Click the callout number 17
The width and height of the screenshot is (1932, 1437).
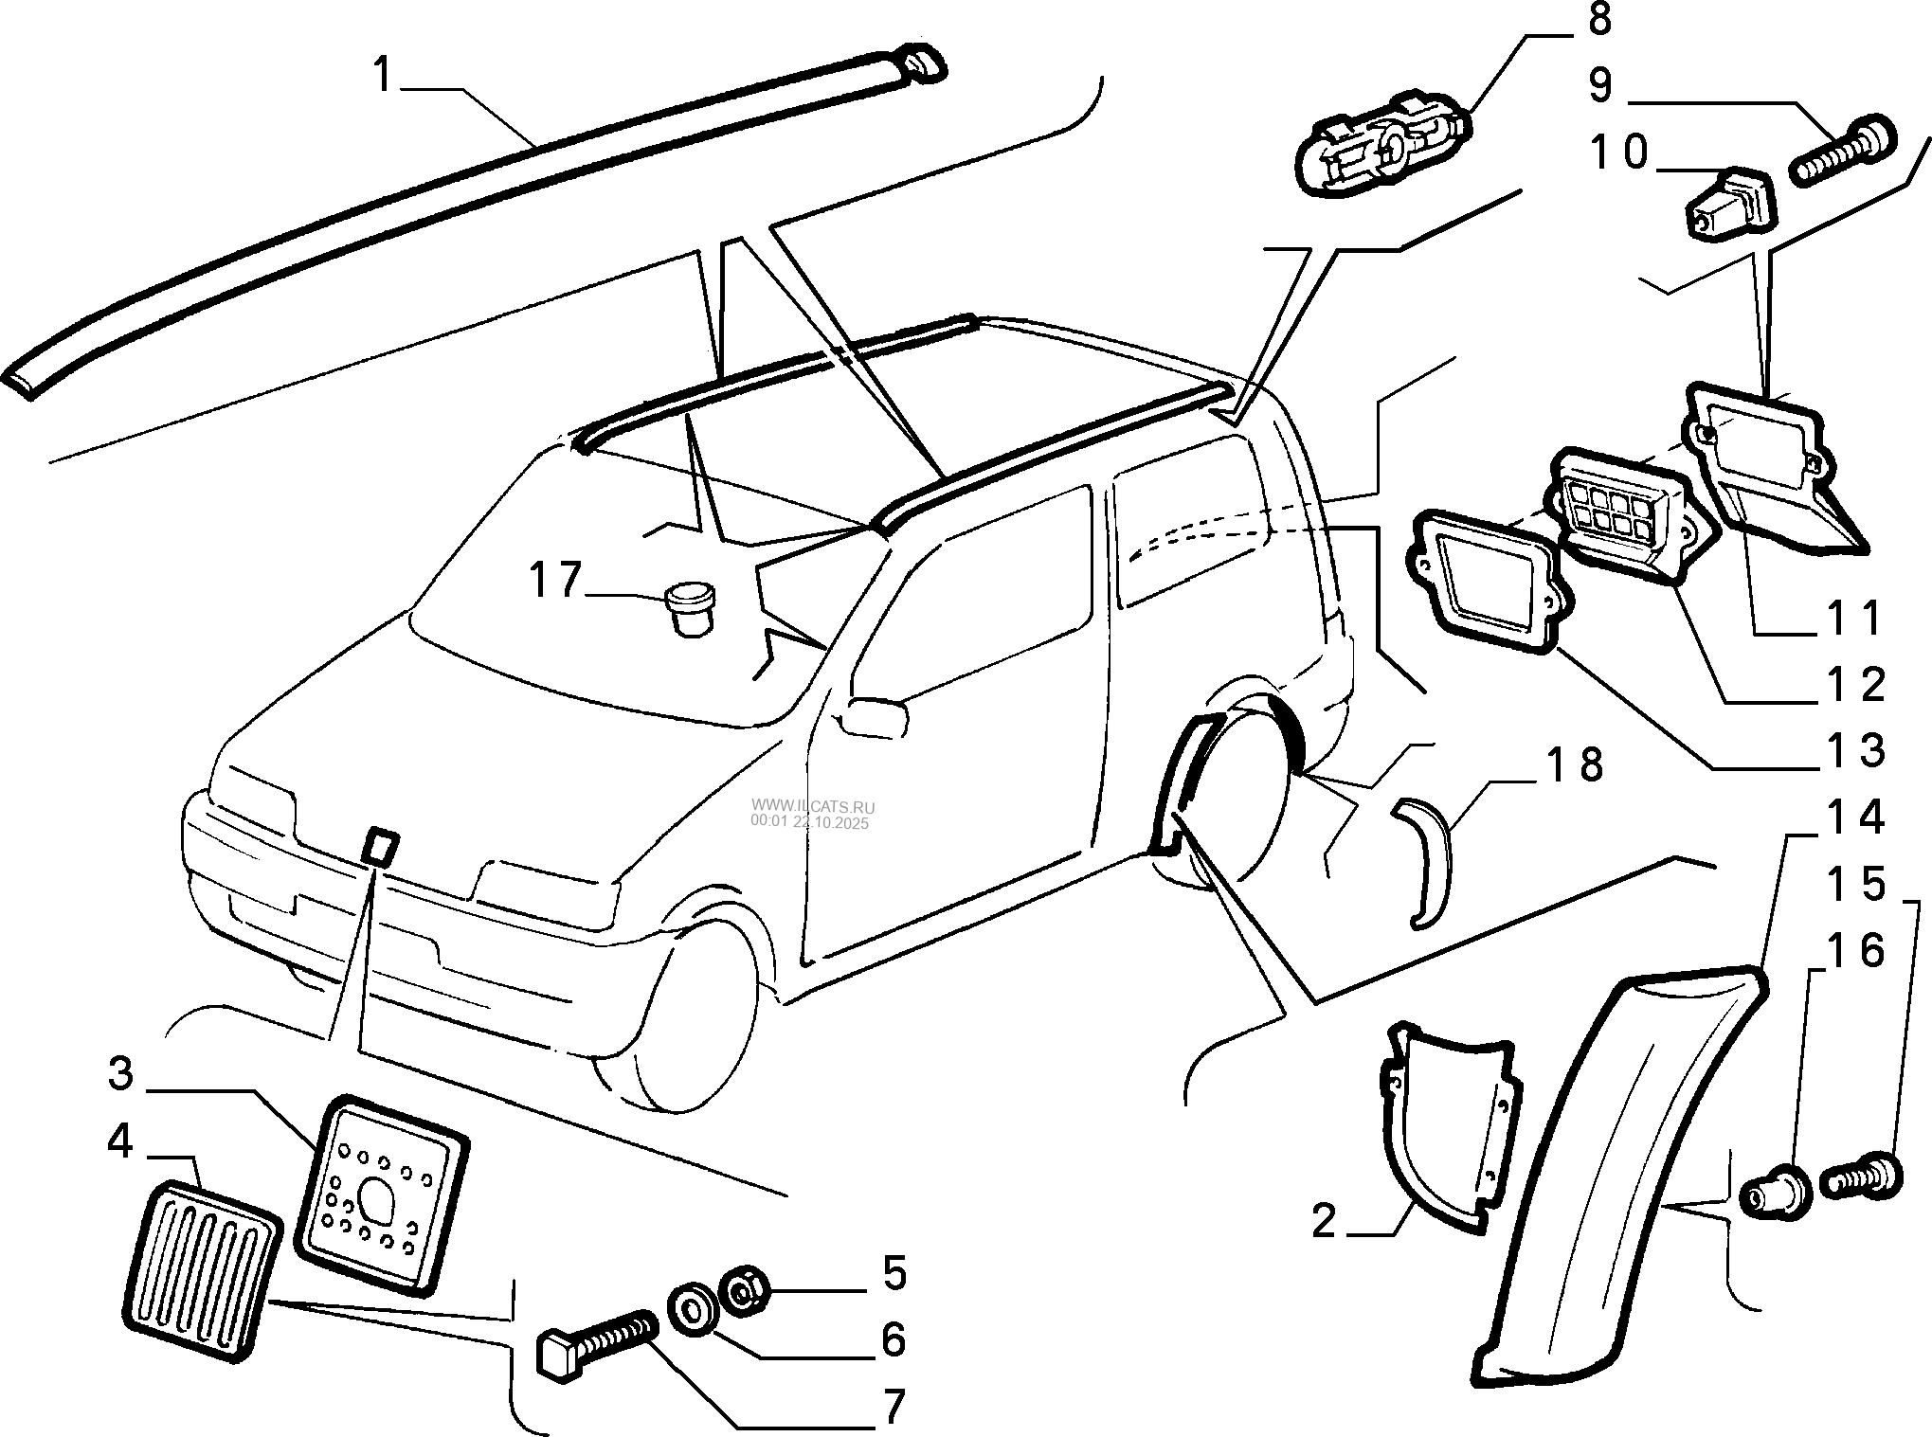[x=554, y=580]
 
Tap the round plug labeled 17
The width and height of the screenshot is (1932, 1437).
[x=690, y=612]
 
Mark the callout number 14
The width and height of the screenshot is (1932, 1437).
[x=1855, y=817]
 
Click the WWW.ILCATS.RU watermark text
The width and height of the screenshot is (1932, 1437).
[x=813, y=807]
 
